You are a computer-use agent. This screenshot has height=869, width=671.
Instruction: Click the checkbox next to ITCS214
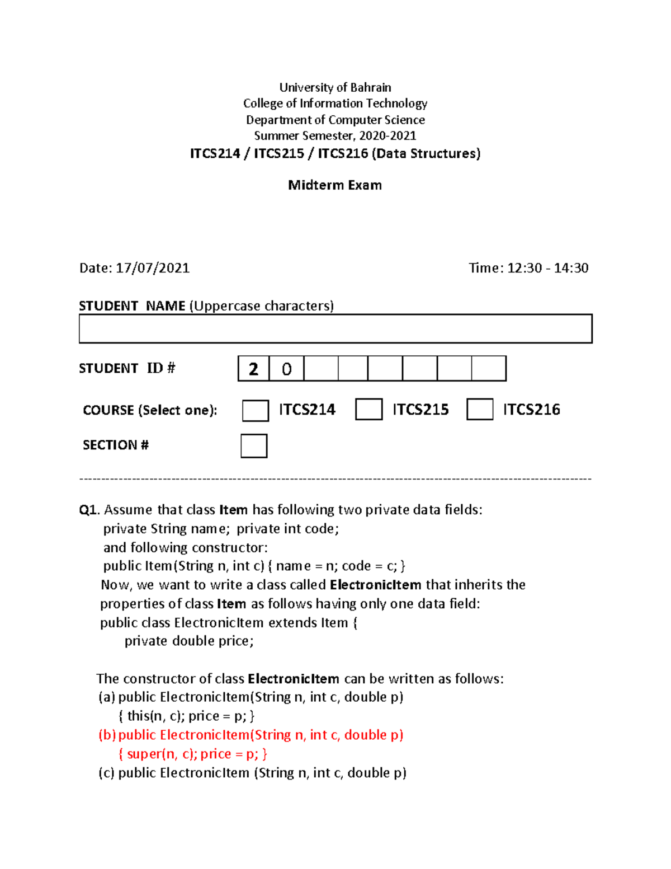pos(256,410)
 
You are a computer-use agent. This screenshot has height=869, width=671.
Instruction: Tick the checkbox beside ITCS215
pos(368,409)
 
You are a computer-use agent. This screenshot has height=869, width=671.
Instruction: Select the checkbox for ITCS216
pos(480,409)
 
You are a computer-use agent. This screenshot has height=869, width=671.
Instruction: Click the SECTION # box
pos(254,446)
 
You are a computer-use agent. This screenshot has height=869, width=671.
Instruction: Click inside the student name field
pos(335,328)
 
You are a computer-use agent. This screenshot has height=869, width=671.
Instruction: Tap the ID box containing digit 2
pos(253,369)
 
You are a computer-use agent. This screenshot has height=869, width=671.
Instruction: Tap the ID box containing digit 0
pos(286,369)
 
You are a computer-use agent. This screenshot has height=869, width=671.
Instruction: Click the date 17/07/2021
pos(152,268)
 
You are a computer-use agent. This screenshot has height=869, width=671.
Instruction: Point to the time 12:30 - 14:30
pos(547,268)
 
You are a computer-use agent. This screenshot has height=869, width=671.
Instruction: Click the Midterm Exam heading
pos(335,185)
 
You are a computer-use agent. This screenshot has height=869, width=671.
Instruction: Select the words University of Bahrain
pos(335,87)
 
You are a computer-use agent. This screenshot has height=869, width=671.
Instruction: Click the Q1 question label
pos(88,510)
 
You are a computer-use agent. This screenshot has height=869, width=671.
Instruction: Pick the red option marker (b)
pos(107,735)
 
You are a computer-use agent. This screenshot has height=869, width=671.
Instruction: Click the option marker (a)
pos(107,697)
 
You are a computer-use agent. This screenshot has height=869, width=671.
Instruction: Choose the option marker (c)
pos(107,773)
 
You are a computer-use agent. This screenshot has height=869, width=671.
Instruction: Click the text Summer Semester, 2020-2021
pos(335,136)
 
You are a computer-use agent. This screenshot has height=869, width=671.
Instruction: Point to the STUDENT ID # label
pos(127,368)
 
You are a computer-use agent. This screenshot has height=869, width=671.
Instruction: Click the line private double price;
pos(189,641)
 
